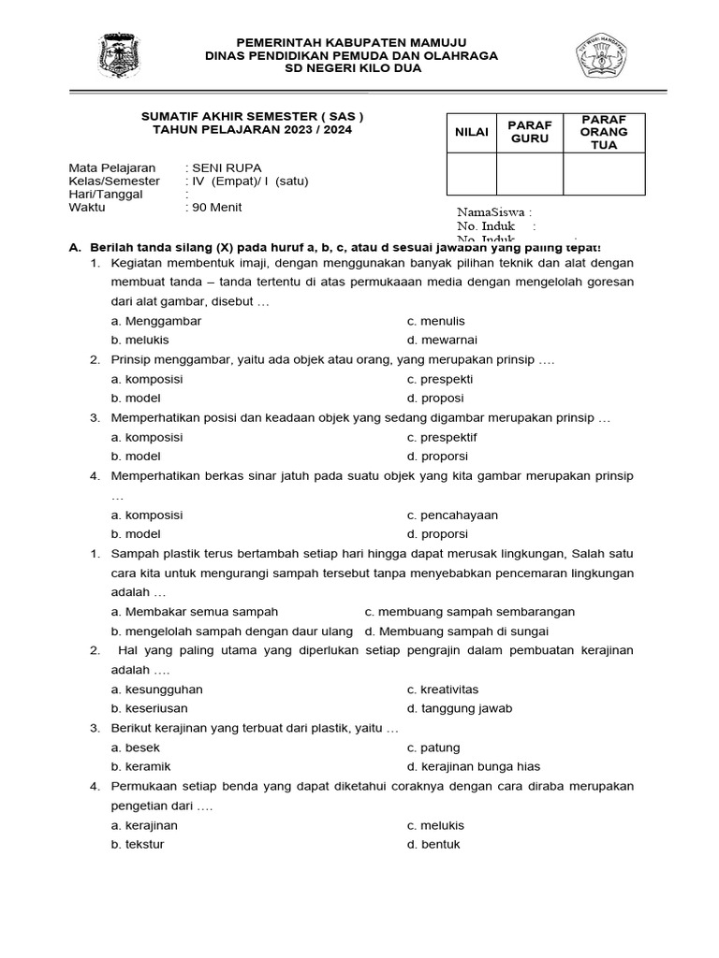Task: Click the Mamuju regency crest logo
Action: [x=120, y=56]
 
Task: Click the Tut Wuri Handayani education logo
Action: [x=599, y=56]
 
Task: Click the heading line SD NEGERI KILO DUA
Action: [x=351, y=69]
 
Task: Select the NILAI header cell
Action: [x=472, y=133]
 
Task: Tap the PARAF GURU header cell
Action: [x=529, y=133]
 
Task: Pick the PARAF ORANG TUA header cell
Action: [x=604, y=133]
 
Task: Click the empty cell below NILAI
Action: [x=472, y=174]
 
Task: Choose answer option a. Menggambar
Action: [x=155, y=321]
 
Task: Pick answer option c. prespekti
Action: [x=440, y=379]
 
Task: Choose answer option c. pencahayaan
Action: [x=452, y=515]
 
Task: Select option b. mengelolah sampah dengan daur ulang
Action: [x=231, y=631]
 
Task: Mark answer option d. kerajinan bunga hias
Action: [x=474, y=767]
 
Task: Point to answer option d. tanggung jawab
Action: [x=460, y=709]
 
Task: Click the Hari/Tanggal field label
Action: [x=106, y=195]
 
